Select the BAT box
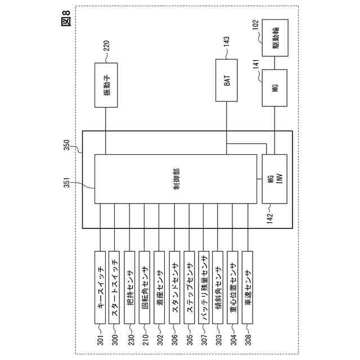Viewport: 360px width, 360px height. coord(226,86)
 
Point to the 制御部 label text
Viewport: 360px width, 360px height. coord(177,178)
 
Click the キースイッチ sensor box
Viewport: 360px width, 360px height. coord(100,287)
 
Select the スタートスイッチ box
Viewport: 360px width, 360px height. coord(115,287)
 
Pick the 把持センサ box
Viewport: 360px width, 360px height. coord(130,287)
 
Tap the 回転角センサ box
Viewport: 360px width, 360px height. coord(145,287)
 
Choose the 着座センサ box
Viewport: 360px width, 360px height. coord(159,287)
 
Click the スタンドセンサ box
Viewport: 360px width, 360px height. coord(174,287)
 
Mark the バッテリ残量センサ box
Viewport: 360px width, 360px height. coord(204,287)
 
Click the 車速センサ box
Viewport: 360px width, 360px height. coord(248,287)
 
